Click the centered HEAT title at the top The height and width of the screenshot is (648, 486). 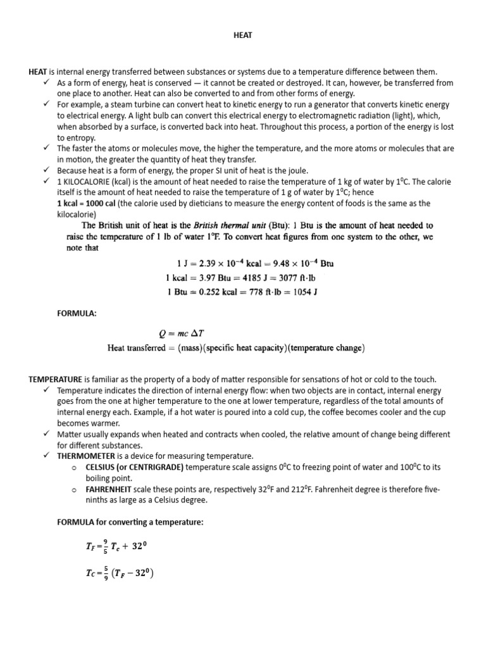243,35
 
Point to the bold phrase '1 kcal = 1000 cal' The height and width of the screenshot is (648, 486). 86,203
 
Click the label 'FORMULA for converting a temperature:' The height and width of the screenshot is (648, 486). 129,521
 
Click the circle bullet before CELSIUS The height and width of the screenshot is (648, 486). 74,467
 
